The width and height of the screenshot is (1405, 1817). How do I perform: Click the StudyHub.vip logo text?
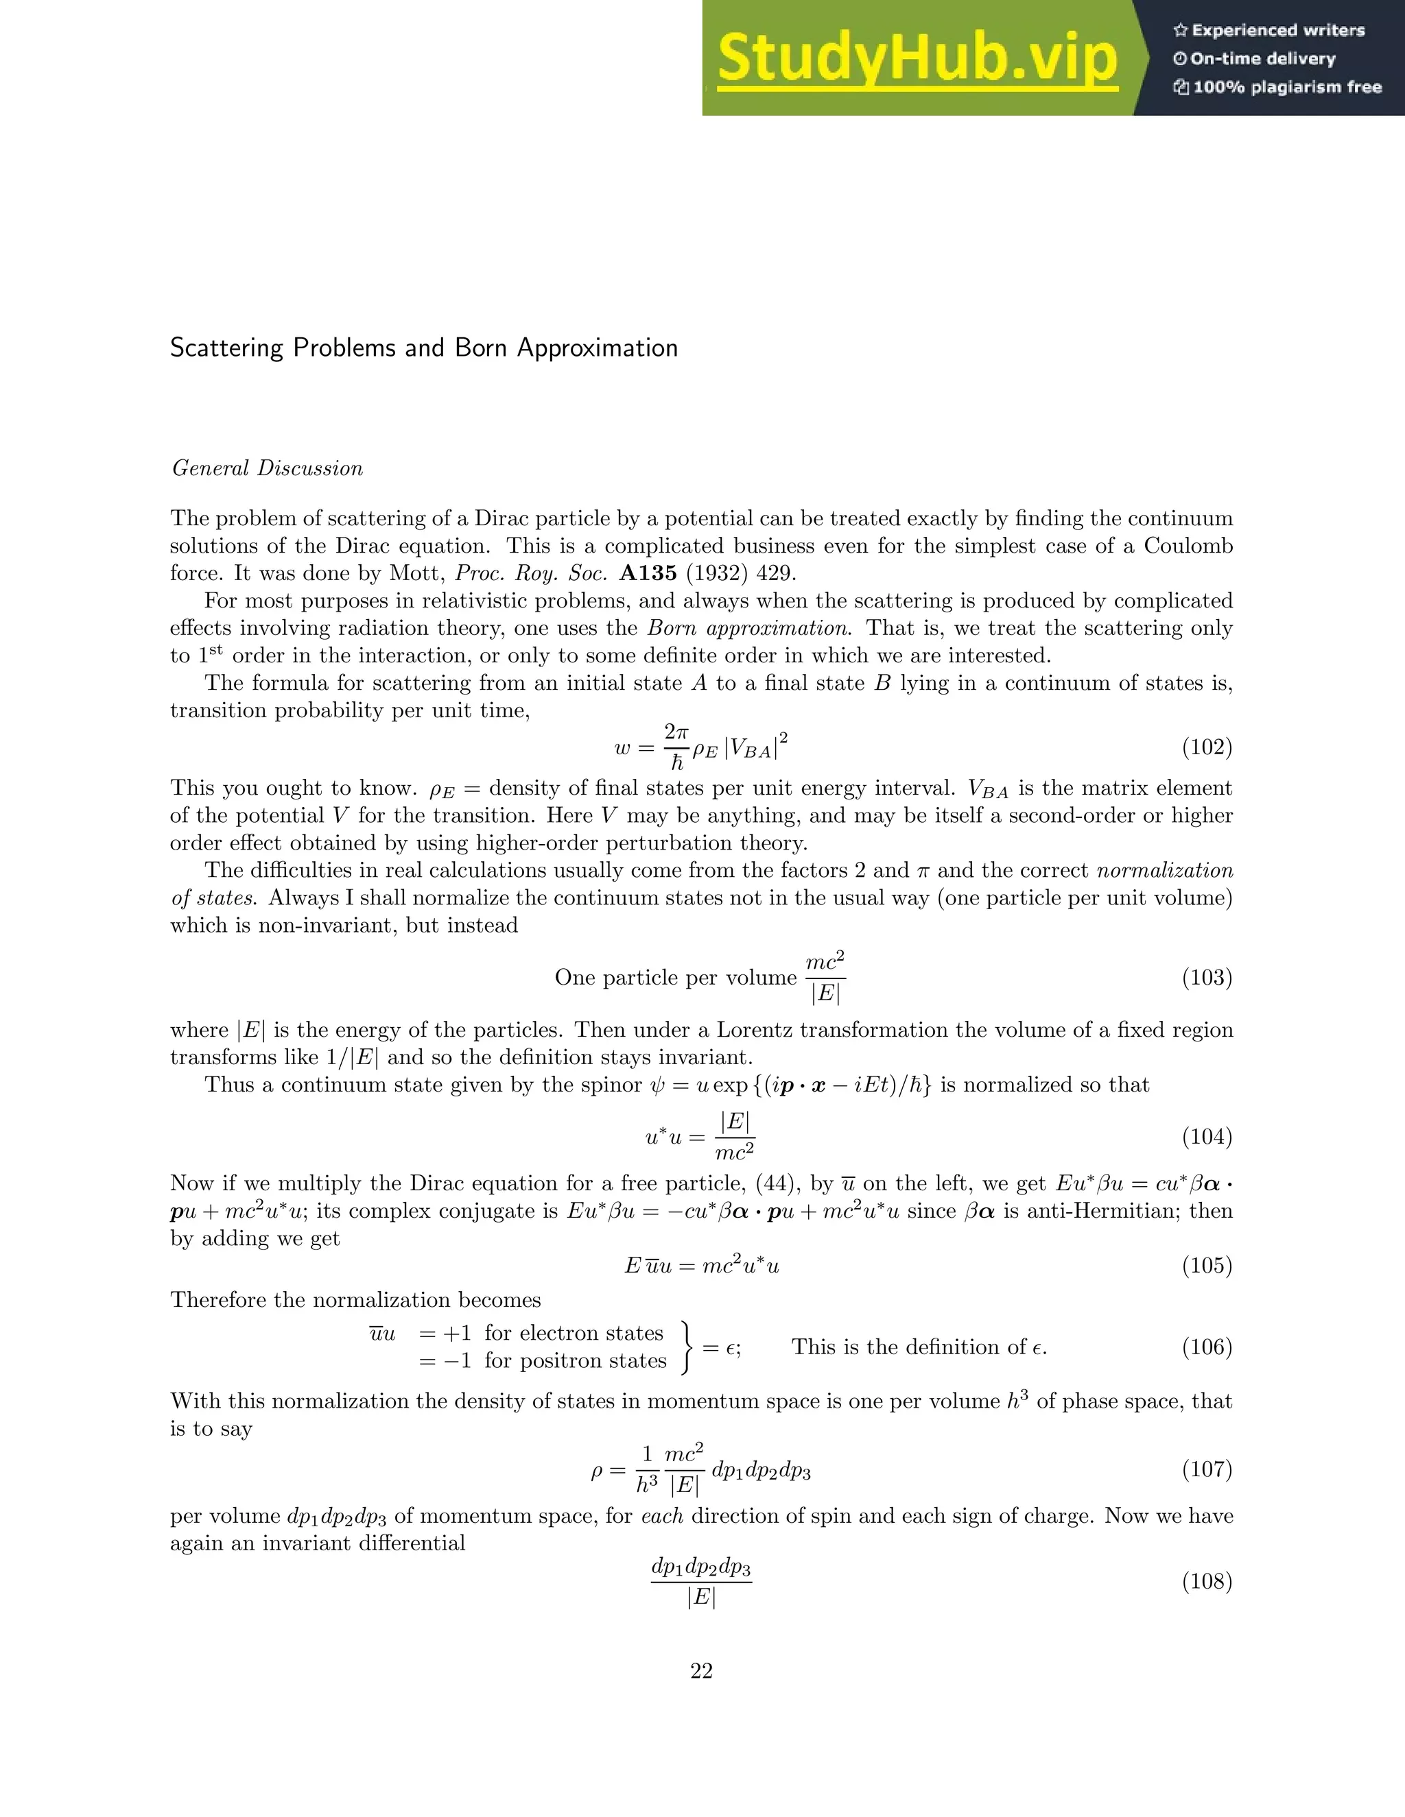pos(917,58)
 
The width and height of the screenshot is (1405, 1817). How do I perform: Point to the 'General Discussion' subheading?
pos(267,468)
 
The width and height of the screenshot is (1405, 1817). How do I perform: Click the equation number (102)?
pos(1206,747)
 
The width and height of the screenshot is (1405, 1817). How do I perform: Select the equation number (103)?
pos(1206,978)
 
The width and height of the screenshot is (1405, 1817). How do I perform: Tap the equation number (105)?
pos(1206,1266)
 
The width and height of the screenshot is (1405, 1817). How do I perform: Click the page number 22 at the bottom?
pos(702,1670)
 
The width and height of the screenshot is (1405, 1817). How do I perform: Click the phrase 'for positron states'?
pos(575,1360)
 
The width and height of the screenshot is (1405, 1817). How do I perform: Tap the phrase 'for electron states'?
pos(574,1333)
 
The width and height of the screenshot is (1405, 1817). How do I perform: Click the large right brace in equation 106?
pos(687,1346)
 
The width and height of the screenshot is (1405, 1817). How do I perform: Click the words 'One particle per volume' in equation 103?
pos(675,978)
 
